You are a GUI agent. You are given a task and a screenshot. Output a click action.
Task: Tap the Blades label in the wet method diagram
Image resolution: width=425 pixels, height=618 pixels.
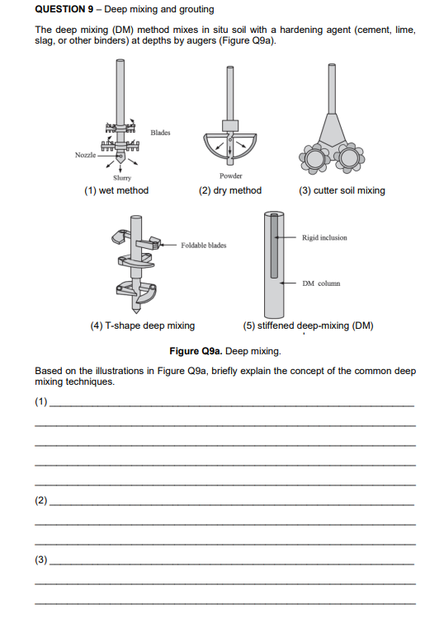coord(161,133)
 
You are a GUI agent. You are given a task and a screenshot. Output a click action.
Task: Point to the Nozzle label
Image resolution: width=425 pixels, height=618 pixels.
coord(84,154)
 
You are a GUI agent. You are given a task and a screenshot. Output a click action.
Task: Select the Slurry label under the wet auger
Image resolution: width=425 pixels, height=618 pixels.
coord(120,176)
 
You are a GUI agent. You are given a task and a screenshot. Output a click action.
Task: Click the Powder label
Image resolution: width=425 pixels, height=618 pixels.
coord(231,176)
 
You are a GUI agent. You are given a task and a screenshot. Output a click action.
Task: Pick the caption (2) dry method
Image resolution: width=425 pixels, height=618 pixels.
coord(230,190)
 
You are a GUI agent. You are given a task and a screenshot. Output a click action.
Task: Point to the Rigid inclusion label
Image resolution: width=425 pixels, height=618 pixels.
coord(324,237)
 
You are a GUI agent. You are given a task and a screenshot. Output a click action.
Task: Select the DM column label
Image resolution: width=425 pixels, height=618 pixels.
coord(321,283)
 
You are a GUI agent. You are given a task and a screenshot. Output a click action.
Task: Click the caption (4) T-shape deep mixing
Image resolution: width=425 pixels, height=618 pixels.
coord(142,325)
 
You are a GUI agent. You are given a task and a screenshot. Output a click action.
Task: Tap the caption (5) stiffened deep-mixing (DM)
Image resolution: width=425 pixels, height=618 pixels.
coord(309,325)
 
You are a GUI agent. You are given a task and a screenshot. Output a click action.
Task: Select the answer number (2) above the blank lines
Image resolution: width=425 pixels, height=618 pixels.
coord(41,501)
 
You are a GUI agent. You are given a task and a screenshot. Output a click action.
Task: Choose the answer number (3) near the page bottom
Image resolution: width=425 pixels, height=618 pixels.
coord(41,560)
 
